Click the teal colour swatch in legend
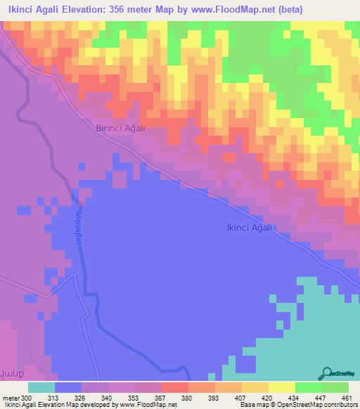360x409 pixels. pyautogui.click(x=41, y=388)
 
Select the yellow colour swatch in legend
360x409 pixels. pyautogui.click(x=281, y=388)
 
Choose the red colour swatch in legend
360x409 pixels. pyautogui.click(x=174, y=388)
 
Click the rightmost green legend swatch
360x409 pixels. pyautogui.click(x=335, y=388)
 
